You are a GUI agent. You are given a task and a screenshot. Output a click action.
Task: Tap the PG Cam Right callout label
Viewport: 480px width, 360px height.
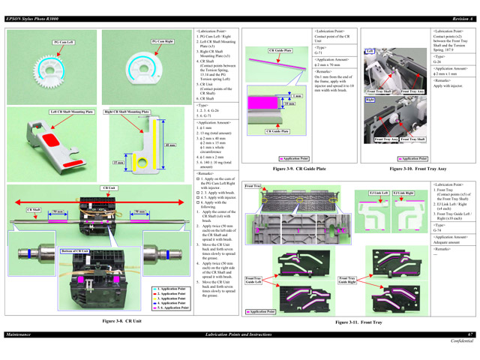pos(163,42)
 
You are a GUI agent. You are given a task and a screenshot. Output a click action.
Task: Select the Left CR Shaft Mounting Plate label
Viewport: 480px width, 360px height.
pos(72,112)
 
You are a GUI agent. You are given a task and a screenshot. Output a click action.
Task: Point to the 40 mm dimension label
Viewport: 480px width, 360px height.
pos(170,145)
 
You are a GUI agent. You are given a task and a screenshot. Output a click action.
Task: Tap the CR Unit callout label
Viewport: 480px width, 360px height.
pos(109,187)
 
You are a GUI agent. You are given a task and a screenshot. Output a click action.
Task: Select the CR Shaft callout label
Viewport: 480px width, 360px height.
pos(34,209)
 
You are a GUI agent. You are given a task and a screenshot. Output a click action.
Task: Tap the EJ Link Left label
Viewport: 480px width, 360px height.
pos(379,193)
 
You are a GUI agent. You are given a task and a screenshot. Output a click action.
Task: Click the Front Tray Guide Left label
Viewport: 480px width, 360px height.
pos(253,280)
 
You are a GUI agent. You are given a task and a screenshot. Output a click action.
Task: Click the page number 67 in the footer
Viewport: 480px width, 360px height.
pos(470,333)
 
